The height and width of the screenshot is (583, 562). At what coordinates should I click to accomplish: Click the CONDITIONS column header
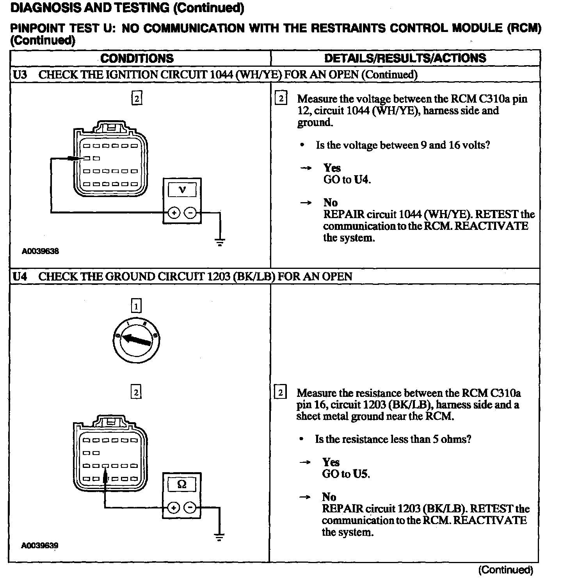[137, 59]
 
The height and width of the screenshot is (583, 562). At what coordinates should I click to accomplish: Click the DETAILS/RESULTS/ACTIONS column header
[405, 59]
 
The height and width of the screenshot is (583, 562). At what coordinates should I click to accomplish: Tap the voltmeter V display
[182, 190]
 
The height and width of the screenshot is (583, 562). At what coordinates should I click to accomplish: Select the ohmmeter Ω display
[182, 484]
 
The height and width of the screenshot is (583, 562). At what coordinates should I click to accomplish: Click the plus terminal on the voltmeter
[174, 213]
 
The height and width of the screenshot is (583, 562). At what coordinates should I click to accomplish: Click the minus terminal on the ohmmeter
[190, 507]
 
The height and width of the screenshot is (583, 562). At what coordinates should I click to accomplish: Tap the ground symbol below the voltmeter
[220, 242]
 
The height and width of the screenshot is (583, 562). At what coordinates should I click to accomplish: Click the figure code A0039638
[40, 251]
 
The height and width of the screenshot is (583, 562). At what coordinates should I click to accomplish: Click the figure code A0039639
[40, 546]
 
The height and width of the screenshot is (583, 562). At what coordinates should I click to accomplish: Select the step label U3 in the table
[20, 75]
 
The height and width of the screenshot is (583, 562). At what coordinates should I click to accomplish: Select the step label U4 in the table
[20, 277]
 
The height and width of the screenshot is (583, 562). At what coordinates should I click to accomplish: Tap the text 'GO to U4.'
[347, 180]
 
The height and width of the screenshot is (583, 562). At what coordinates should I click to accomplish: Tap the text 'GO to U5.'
[346, 474]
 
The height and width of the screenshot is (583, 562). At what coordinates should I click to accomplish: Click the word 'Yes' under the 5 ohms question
[331, 462]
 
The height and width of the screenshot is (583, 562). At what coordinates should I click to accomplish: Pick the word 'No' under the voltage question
[330, 203]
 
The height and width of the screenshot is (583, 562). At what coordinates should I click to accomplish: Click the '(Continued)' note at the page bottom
[505, 570]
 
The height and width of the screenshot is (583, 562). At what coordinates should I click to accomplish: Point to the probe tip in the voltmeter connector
[83, 158]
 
